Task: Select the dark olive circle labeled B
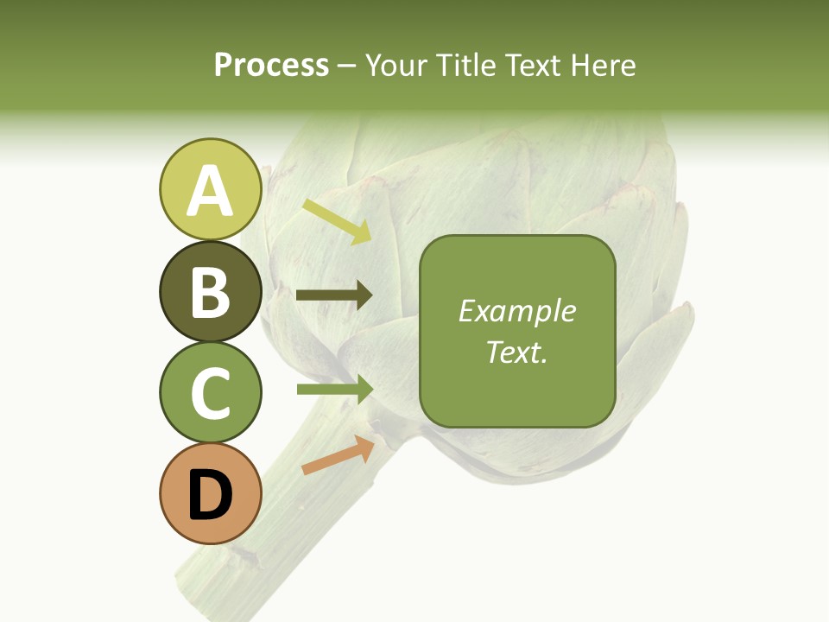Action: click(x=210, y=291)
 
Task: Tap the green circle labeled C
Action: click(x=210, y=392)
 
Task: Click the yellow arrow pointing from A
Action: click(x=337, y=221)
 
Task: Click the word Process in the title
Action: click(x=271, y=65)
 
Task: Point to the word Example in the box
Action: click(x=516, y=311)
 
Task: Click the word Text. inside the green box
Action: click(x=516, y=352)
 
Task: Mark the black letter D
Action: click(x=210, y=497)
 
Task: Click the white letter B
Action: click(x=210, y=291)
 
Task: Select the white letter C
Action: click(x=210, y=392)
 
